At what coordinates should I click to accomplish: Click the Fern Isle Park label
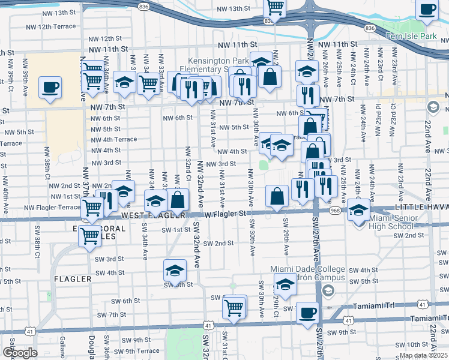pyautogui.click(x=411, y=37)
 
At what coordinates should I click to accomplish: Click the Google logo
pyautogui.click(x=20, y=353)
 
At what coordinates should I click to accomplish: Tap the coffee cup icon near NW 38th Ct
pyautogui.click(x=49, y=87)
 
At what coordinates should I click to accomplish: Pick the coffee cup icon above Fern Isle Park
pyautogui.click(x=427, y=10)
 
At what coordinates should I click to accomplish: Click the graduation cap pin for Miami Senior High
pyautogui.click(x=358, y=211)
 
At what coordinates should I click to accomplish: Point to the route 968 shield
pyautogui.click(x=334, y=211)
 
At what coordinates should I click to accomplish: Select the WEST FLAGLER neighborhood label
pyautogui.click(x=151, y=215)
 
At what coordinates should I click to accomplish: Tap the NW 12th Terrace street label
pyautogui.click(x=51, y=26)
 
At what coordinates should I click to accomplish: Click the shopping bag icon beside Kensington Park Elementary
pyautogui.click(x=270, y=76)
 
